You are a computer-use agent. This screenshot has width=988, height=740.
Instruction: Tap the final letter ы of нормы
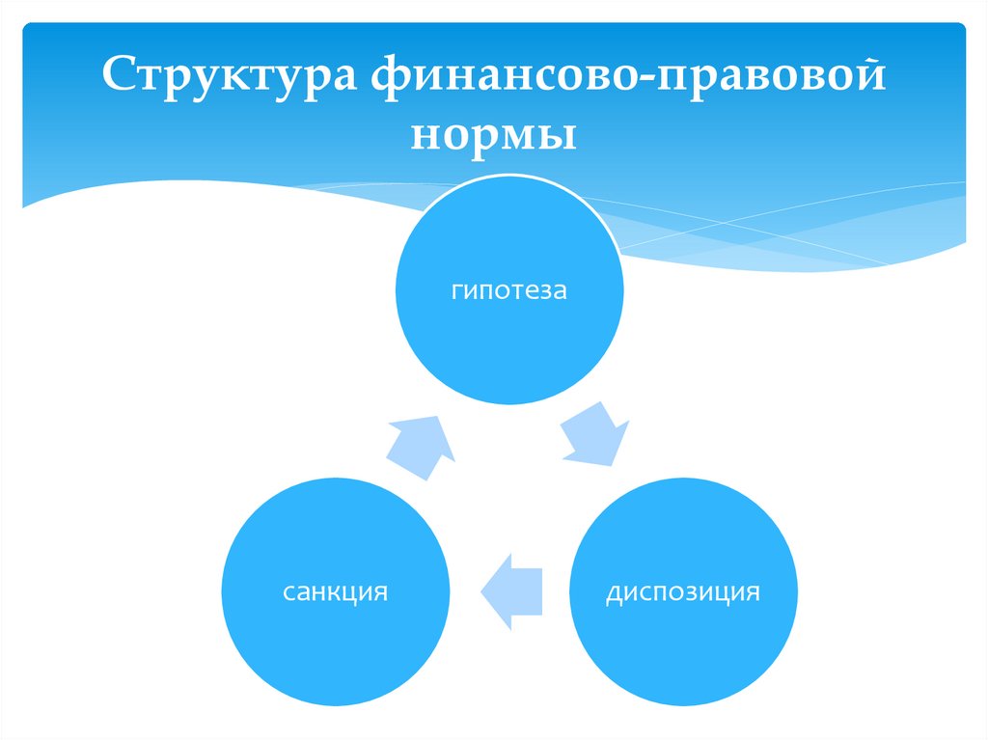pyautogui.click(x=561, y=133)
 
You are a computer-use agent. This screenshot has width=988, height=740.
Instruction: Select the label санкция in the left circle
pyautogui.click(x=336, y=591)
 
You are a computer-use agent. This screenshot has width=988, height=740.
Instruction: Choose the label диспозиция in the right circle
pyautogui.click(x=683, y=591)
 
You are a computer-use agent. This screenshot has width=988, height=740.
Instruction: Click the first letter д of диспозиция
pyautogui.click(x=613, y=592)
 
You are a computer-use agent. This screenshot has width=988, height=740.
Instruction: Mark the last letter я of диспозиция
pyautogui.click(x=754, y=591)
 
